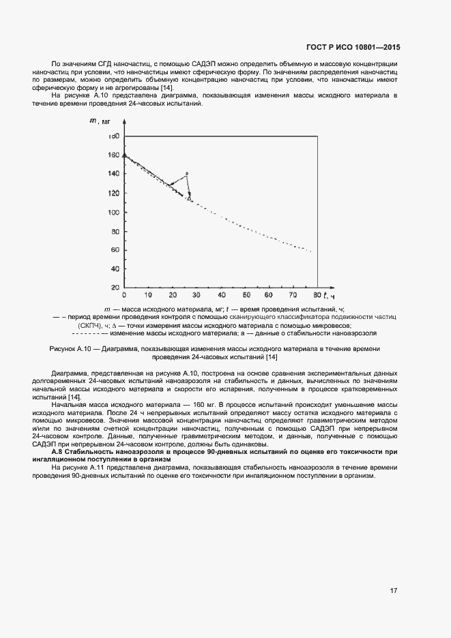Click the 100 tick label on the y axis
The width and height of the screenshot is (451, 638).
coord(113,212)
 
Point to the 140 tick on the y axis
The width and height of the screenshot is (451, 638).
coord(113,174)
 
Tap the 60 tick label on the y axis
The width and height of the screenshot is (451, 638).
coord(115,250)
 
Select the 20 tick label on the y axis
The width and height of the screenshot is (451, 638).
coord(115,288)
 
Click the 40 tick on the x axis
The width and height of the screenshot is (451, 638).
coord(220,295)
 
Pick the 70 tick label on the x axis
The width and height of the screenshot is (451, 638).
coord(292,295)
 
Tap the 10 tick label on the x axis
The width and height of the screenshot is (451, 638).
coord(148,295)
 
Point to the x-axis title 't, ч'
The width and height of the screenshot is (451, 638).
coord(330,296)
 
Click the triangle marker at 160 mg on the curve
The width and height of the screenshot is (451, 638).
coord(123,155)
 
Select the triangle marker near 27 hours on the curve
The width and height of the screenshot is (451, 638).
coord(189,198)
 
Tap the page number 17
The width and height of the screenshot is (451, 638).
coord(394,590)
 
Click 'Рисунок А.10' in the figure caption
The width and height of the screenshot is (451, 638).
coord(72,348)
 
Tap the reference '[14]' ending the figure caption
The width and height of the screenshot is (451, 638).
coord(272,357)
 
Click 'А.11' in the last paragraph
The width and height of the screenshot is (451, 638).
coord(102,467)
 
